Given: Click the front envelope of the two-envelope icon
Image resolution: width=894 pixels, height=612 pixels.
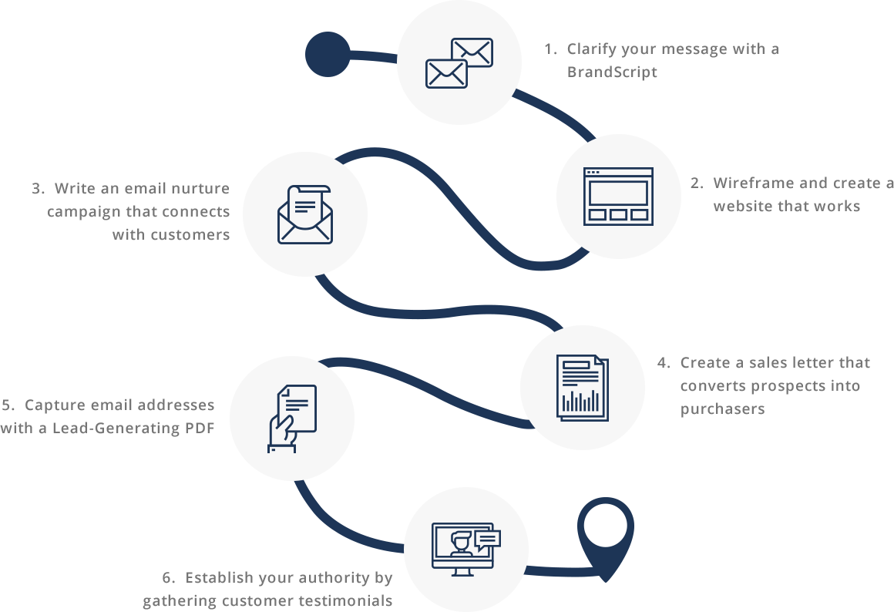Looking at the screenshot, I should click(x=446, y=74).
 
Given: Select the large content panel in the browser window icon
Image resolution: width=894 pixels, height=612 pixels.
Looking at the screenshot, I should click(x=618, y=193).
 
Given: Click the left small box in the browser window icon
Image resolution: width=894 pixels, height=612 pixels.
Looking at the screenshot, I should click(x=597, y=214).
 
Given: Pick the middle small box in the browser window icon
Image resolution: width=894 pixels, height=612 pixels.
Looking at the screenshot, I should click(x=618, y=214).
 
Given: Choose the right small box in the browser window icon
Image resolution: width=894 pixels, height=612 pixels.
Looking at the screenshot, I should click(x=639, y=214).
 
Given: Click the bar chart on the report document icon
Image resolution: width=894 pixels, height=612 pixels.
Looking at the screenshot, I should click(x=580, y=401).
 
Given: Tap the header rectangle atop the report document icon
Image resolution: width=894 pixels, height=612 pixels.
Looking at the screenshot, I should click(x=576, y=365).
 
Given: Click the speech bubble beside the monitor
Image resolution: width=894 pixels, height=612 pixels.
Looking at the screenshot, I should click(x=487, y=538).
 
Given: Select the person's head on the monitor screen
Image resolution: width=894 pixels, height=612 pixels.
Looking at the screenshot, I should click(x=461, y=540).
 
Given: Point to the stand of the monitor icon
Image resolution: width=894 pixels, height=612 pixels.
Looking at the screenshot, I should click(x=462, y=571).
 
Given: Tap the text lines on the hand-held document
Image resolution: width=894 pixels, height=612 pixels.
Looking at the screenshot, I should click(x=298, y=404).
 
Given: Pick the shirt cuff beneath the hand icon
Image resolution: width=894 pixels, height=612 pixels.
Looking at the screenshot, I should click(x=281, y=447).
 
